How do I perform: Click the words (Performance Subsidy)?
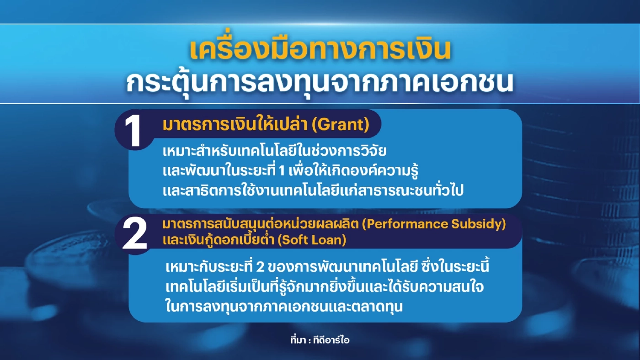tap(436, 224)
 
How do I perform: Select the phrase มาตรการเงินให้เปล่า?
tap(236, 125)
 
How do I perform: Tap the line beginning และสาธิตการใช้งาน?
tap(313, 191)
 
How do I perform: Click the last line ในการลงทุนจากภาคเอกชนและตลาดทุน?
tap(284, 307)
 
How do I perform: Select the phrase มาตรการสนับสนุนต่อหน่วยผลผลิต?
tap(263, 224)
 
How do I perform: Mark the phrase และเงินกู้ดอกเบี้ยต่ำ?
tap(219, 239)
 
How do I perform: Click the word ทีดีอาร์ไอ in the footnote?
tap(335, 340)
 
